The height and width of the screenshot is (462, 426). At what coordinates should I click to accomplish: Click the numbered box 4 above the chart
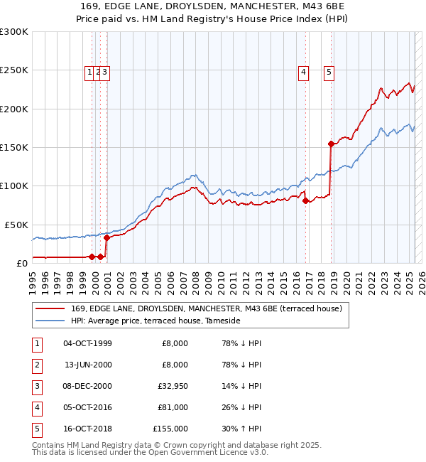click(x=303, y=71)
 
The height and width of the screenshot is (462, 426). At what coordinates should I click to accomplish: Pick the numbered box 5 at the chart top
click(x=329, y=71)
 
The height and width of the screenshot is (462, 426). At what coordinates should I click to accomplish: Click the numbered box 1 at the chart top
click(x=90, y=71)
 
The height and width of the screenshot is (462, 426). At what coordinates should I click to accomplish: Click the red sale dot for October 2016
click(x=306, y=200)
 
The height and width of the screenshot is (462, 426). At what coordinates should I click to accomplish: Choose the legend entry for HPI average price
click(x=155, y=321)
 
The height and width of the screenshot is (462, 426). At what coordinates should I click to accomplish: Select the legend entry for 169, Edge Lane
click(x=206, y=308)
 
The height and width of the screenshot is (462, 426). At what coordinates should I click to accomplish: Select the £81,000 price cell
click(x=173, y=407)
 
